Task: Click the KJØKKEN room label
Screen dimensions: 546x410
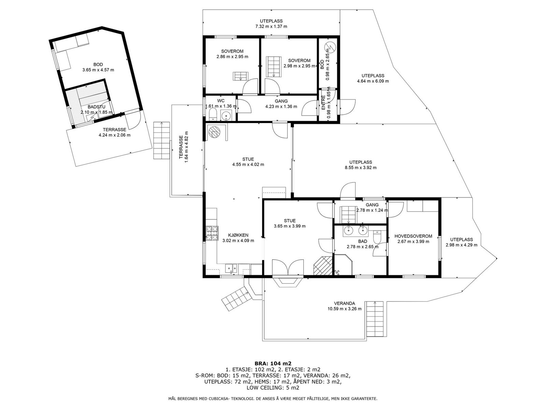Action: (238, 235)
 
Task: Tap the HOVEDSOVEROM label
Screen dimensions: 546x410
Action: (413, 236)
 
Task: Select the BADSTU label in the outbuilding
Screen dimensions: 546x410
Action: (97, 107)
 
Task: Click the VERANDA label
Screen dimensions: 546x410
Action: (344, 303)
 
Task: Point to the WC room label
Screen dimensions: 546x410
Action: (221, 100)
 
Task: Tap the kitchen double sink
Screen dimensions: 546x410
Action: (231, 268)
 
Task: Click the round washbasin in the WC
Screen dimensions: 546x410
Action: (226, 115)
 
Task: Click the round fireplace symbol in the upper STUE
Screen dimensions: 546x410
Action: (214, 132)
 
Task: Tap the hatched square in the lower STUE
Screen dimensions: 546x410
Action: (323, 265)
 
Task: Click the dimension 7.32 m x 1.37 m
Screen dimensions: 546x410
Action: (271, 26)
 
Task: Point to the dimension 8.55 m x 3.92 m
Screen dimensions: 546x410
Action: (360, 167)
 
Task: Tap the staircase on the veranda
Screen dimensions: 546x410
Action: (374, 319)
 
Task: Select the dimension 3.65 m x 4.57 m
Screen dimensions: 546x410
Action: (98, 70)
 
